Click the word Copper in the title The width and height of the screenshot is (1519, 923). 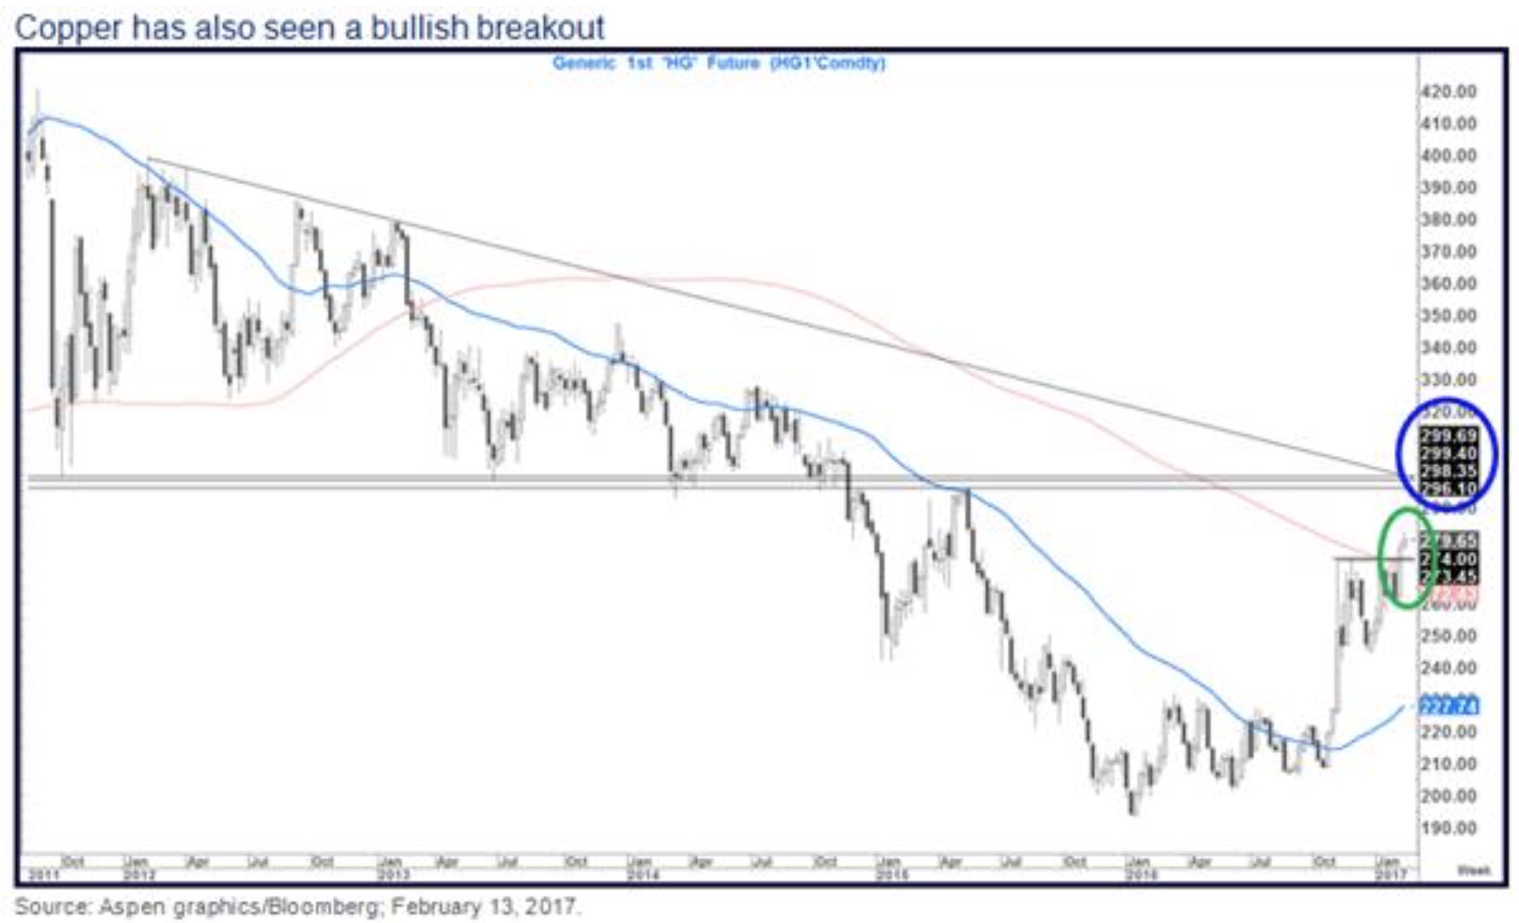pyautogui.click(x=67, y=27)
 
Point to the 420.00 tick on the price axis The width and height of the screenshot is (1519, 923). pyautogui.click(x=1449, y=92)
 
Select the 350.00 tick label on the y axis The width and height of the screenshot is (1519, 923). pyautogui.click(x=1449, y=316)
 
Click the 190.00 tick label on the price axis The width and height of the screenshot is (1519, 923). pyautogui.click(x=1449, y=828)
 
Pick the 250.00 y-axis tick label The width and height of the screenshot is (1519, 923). pyautogui.click(x=1449, y=636)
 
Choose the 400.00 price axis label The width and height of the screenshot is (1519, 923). pyautogui.click(x=1449, y=155)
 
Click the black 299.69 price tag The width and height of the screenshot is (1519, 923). pyautogui.click(x=1448, y=435)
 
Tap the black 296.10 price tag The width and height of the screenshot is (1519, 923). pyautogui.click(x=1448, y=490)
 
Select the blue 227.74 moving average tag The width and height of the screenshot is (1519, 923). pyautogui.click(x=1448, y=706)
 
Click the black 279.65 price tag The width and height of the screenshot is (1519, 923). pyautogui.click(x=1448, y=540)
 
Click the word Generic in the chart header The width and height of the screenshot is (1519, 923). pyautogui.click(x=583, y=64)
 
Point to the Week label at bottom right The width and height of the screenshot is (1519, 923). pyautogui.click(x=1474, y=870)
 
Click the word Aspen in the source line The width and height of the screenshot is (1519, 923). pyautogui.click(x=125, y=906)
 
